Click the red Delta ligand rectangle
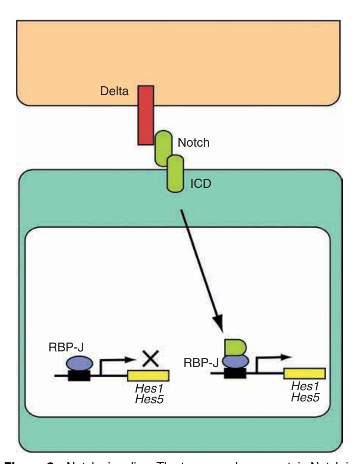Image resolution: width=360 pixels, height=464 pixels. [x=146, y=115]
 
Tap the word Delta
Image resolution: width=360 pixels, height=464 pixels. [x=115, y=91]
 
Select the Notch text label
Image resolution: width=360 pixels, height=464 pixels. [x=193, y=143]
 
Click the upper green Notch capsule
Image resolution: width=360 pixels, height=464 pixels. [x=163, y=148]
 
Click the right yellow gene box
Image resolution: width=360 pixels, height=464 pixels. [x=304, y=373]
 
